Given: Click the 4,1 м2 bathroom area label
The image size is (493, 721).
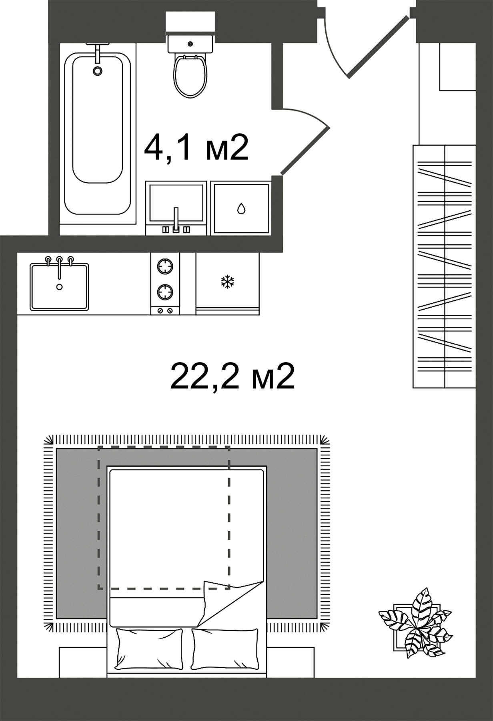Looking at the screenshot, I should click(x=196, y=147).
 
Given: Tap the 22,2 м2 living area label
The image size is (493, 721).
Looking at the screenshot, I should click(x=232, y=377).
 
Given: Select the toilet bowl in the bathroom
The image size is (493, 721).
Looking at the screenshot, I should click(x=190, y=76).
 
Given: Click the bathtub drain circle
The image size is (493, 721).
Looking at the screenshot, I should click(x=97, y=71).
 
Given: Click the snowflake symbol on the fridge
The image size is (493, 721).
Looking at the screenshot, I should click(x=227, y=282).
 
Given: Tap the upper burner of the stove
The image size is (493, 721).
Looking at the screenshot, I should click(x=165, y=266).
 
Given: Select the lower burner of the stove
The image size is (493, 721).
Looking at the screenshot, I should click(x=165, y=292).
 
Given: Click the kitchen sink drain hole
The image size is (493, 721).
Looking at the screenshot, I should click(x=60, y=286).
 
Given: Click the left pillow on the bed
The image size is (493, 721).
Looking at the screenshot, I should click(x=148, y=648).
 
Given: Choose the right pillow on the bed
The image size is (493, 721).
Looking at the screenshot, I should click(x=224, y=648).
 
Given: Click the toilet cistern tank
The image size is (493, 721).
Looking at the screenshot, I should click(x=190, y=44).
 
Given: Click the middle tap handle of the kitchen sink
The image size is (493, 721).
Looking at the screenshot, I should click(x=59, y=260).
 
